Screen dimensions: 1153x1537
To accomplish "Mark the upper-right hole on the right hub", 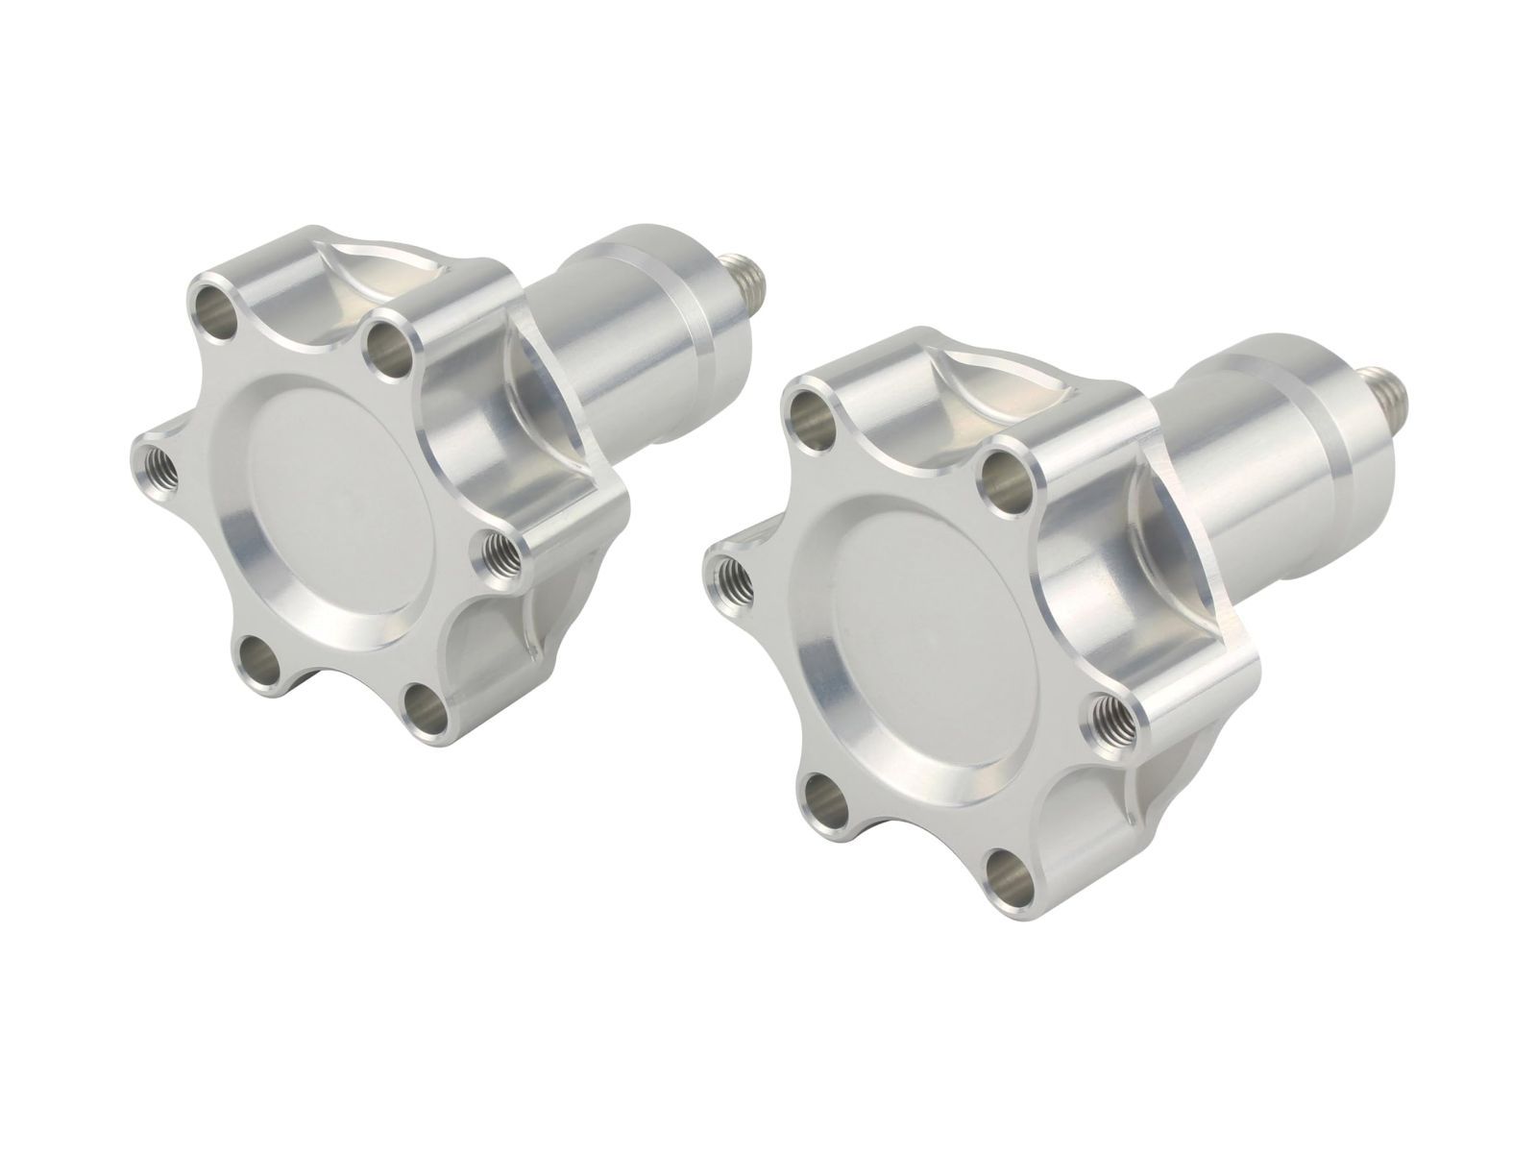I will [x=1006, y=477].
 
